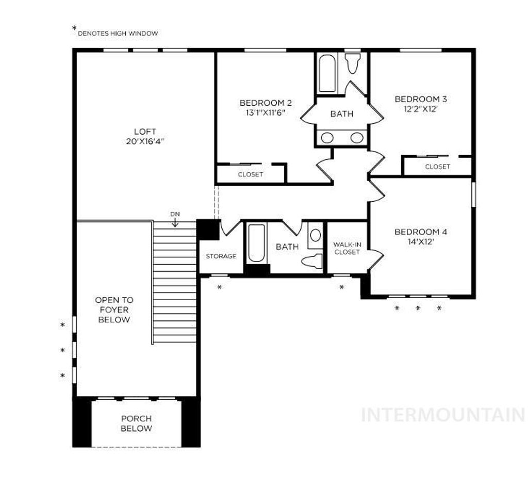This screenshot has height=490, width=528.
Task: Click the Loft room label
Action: pyautogui.click(x=144, y=132)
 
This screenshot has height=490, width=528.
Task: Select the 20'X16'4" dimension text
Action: pyautogui.click(x=144, y=141)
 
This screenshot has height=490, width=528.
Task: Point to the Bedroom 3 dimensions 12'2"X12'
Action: pyautogui.click(x=420, y=109)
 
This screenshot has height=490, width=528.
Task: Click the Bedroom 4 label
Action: pyautogui.click(x=420, y=232)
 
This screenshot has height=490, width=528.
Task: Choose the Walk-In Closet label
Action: pyautogui.click(x=346, y=248)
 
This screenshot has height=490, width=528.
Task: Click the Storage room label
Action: pyautogui.click(x=221, y=256)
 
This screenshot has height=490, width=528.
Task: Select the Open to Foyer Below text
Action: pyautogui.click(x=114, y=309)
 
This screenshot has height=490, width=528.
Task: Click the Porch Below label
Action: pyautogui.click(x=137, y=423)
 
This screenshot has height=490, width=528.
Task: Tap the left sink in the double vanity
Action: pyautogui.click(x=327, y=137)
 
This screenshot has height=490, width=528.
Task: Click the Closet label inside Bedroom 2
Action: pyautogui.click(x=251, y=174)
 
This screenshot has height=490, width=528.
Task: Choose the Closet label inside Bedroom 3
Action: pyautogui.click(x=437, y=167)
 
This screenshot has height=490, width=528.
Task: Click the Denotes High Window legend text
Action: pyautogui.click(x=118, y=34)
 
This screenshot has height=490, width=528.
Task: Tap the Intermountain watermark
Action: pyautogui.click(x=442, y=414)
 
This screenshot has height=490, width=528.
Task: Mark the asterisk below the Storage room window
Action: pyautogui.click(x=220, y=287)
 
